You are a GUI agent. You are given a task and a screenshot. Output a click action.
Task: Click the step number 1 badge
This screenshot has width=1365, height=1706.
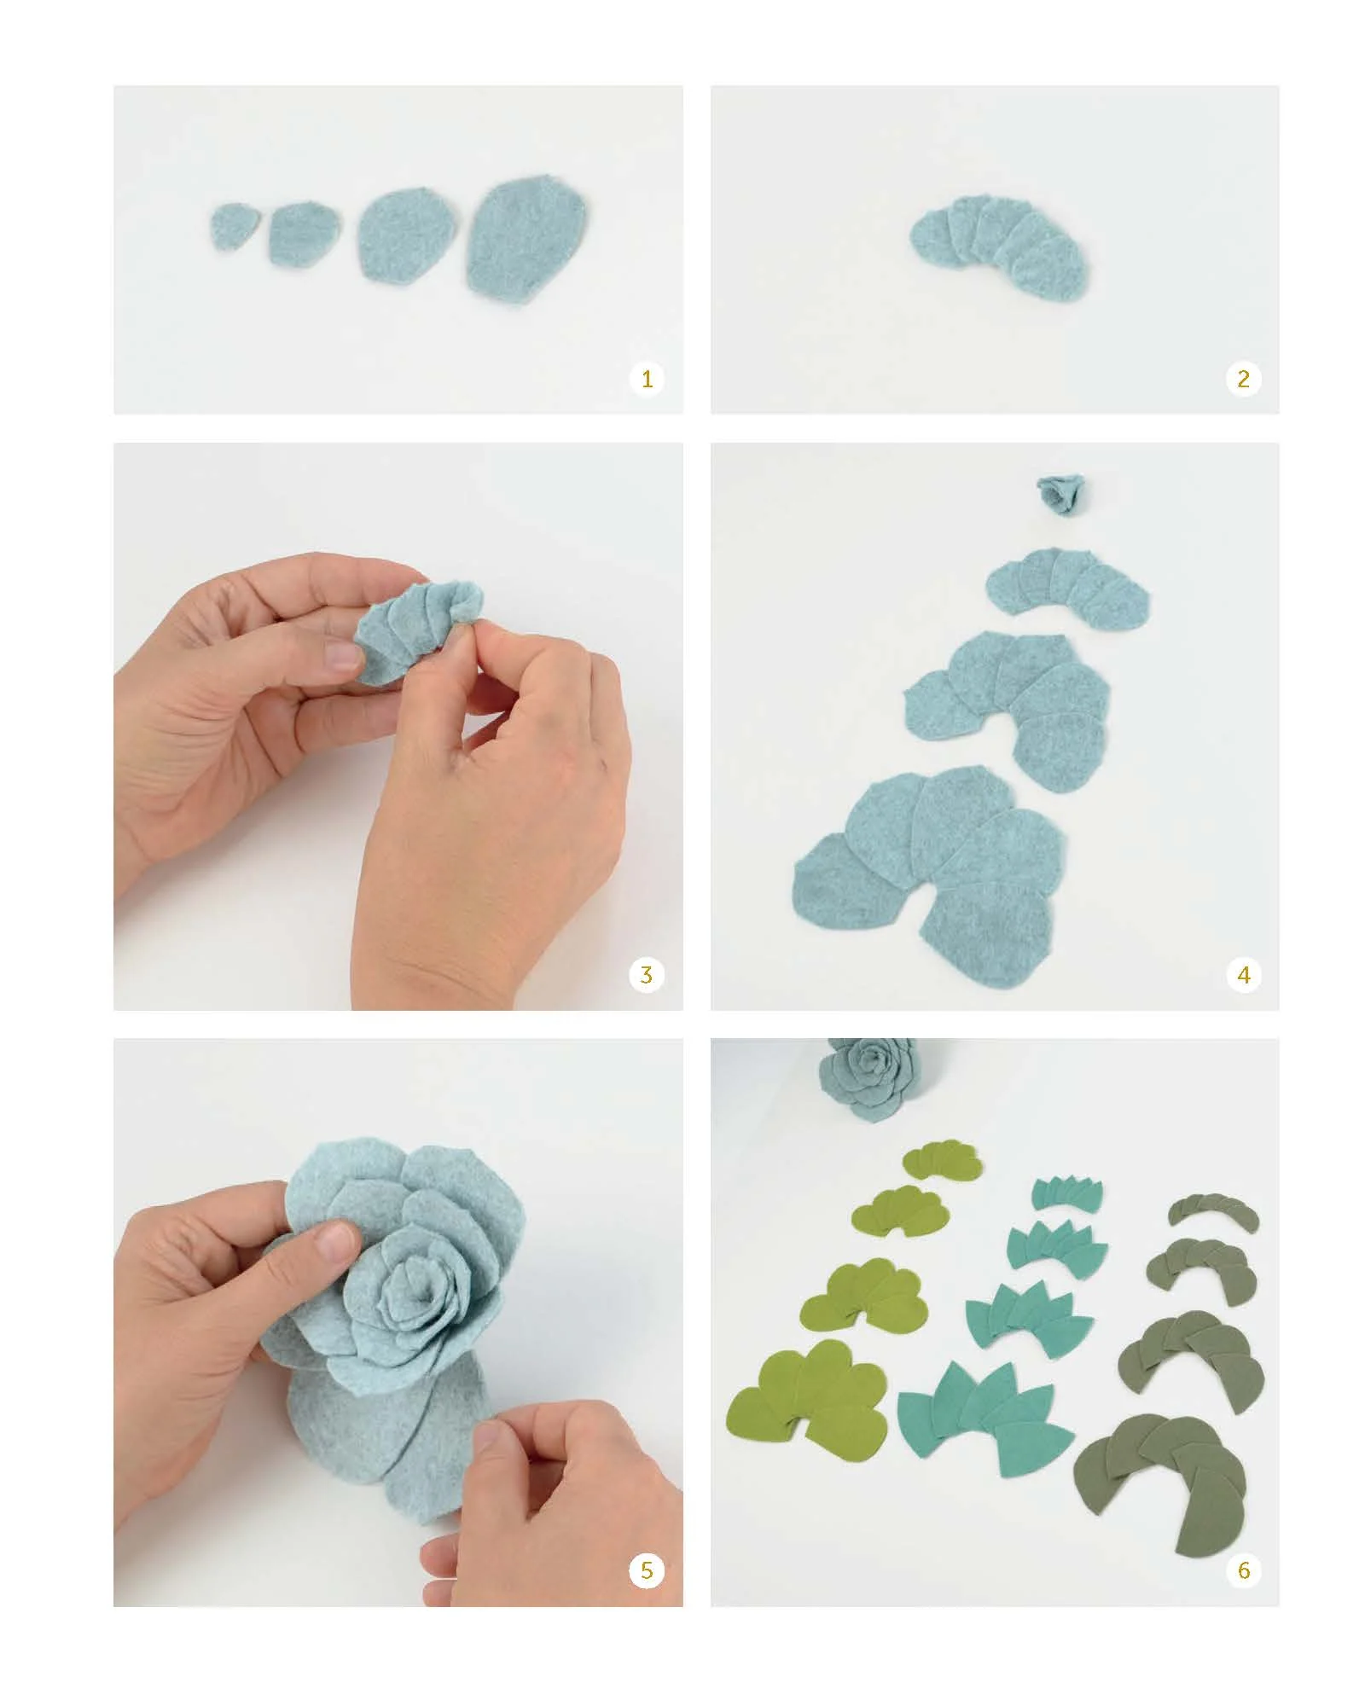click(x=647, y=378)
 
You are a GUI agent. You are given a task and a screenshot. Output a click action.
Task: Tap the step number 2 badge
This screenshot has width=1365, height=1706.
click(x=1243, y=378)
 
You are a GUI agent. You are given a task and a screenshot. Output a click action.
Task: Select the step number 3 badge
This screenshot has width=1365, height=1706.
click(x=647, y=974)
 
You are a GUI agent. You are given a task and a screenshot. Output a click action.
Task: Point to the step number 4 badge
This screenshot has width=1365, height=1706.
click(x=1243, y=974)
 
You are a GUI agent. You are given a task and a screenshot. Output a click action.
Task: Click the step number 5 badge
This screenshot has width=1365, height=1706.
click(x=647, y=1570)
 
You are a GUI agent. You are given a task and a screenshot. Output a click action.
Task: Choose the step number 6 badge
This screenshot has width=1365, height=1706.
click(x=1243, y=1570)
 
